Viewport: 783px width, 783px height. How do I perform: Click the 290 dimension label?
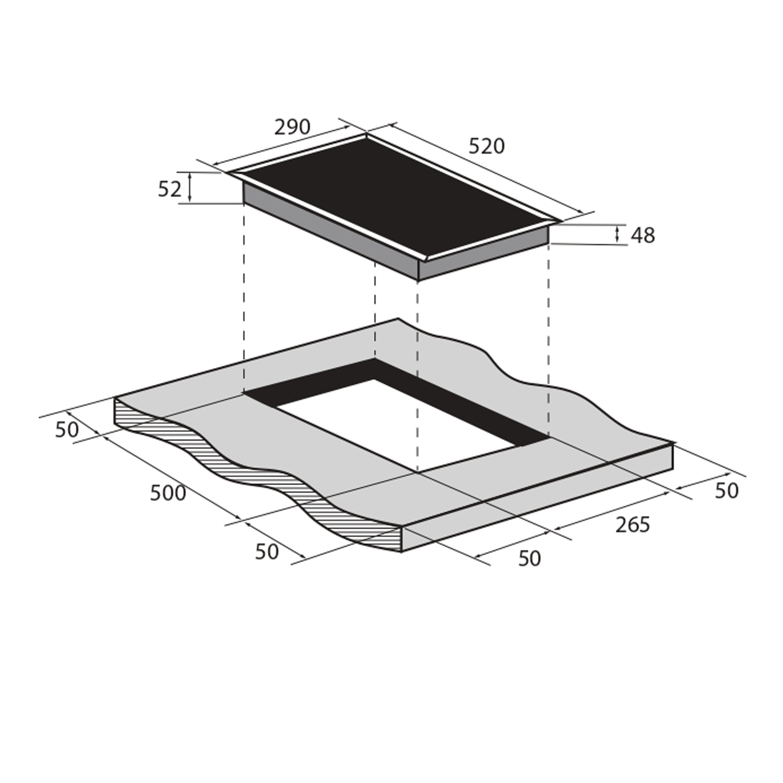click(x=292, y=127)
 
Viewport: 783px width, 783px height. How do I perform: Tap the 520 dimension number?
click(x=486, y=146)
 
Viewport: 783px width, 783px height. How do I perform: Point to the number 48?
click(x=642, y=235)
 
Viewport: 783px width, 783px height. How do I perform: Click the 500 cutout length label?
click(x=168, y=493)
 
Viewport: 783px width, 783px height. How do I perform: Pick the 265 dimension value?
click(x=633, y=525)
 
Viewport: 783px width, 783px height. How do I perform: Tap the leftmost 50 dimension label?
click(x=67, y=429)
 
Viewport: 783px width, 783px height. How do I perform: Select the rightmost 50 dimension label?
click(x=727, y=491)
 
